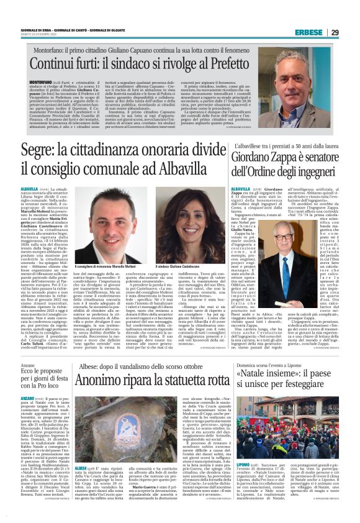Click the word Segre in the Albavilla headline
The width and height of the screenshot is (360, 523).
[37, 150]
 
